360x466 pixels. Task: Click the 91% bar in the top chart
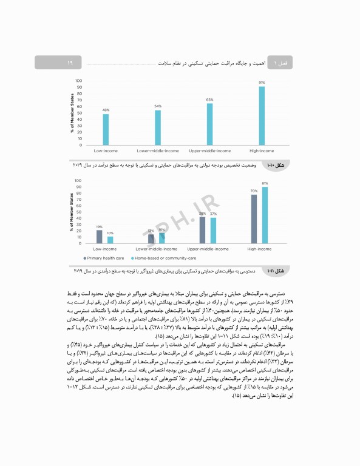tap(262, 116)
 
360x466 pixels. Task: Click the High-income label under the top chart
tap(262, 150)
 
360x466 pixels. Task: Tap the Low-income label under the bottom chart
tap(104, 249)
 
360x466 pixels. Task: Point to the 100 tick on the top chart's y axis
tap(79, 81)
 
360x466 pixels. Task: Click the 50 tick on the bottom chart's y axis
tap(79, 212)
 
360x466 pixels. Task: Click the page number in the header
tap(70, 62)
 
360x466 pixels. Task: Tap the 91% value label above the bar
tap(262, 83)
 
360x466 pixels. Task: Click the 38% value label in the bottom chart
tap(202, 214)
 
